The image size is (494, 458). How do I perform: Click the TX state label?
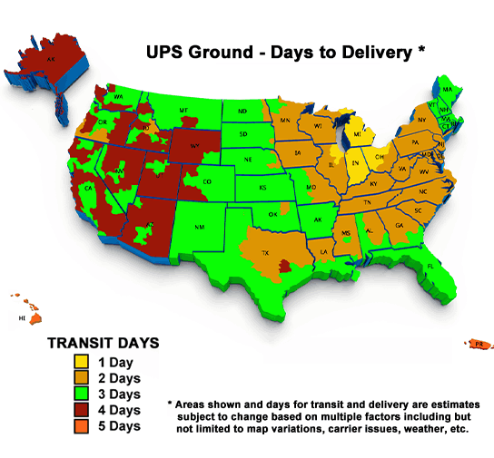(266, 253)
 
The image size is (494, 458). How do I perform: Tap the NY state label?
(421, 120)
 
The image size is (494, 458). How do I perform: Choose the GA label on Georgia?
(400, 225)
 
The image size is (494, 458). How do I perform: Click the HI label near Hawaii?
(23, 319)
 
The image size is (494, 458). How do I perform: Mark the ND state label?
(242, 112)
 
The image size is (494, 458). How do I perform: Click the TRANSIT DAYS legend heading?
(104, 344)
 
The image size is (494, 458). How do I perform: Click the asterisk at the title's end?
(420, 51)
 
